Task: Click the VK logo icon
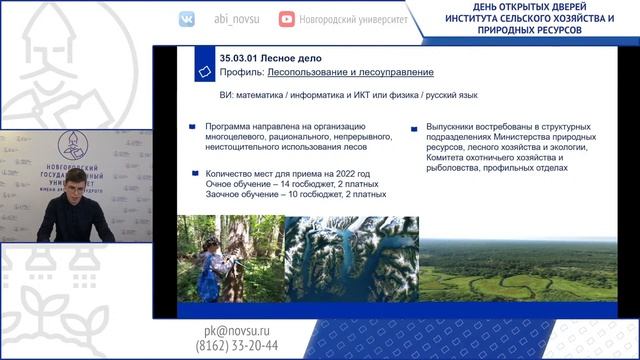[x=187, y=18]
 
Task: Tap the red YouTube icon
[x=287, y=18]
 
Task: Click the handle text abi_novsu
[x=235, y=18]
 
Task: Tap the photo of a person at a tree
[x=231, y=259]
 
